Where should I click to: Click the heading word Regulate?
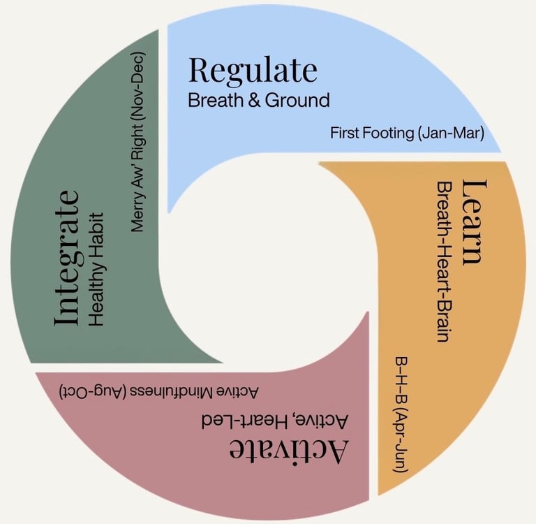[253, 71]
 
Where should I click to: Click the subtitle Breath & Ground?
[258, 100]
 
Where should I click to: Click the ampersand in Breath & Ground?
[246, 100]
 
